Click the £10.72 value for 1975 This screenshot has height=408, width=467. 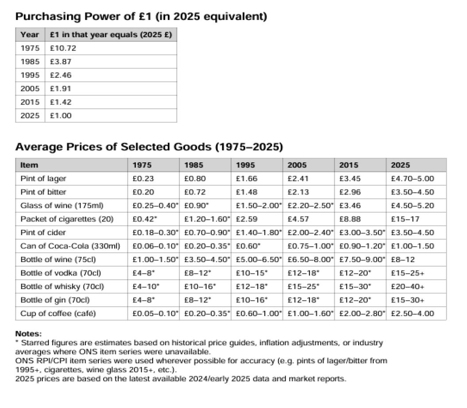pyautogui.click(x=60, y=48)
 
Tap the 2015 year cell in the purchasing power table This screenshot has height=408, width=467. pyautogui.click(x=30, y=102)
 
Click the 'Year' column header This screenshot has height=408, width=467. pyautogui.click(x=30, y=34)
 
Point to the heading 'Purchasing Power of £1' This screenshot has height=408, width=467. pyautogui.click(x=141, y=17)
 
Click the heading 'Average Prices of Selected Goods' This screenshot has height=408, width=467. pyautogui.click(x=149, y=147)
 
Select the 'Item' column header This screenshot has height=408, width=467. pyautogui.click(x=29, y=165)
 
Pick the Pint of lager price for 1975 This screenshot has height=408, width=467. pyautogui.click(x=141, y=179)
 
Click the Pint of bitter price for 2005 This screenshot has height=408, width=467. pyautogui.click(x=297, y=192)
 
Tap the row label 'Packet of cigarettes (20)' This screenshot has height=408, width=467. pyautogui.click(x=57, y=219)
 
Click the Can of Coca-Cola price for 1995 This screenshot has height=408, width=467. pyautogui.click(x=245, y=246)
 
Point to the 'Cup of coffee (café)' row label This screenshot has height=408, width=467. pyautogui.click(x=58, y=313)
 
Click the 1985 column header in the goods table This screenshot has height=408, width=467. pyautogui.click(x=193, y=165)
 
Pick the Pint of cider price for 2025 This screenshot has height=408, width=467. pyautogui.click(x=412, y=233)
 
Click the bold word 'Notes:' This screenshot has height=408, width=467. pyautogui.click(x=28, y=334)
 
